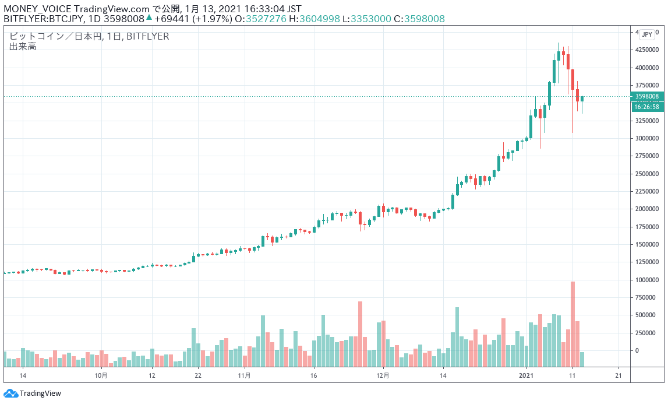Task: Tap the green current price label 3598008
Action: (647, 96)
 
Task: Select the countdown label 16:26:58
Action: (647, 107)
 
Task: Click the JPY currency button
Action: (646, 34)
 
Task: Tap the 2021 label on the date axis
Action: (526, 375)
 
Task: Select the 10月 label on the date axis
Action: (101, 375)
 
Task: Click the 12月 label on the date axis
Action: (382, 375)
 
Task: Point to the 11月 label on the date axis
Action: (245, 375)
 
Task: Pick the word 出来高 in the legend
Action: (23, 46)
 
